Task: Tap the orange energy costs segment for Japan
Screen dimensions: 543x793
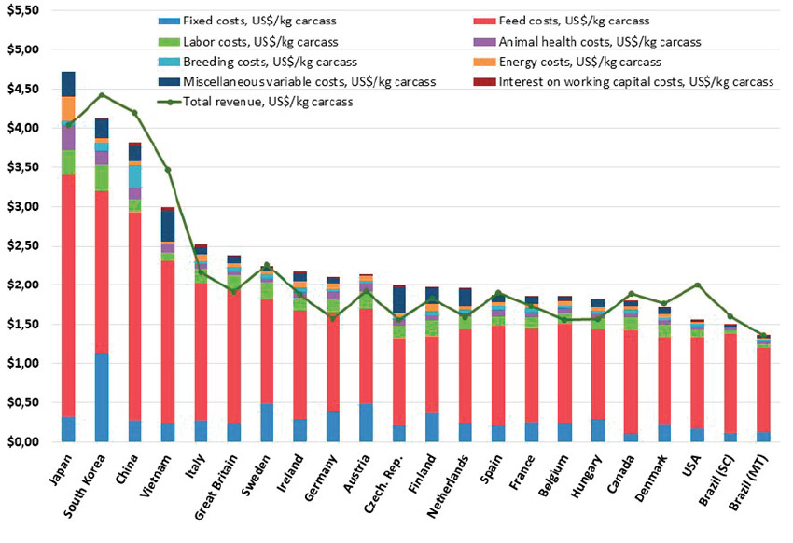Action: (68, 108)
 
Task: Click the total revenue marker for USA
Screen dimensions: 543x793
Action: (697, 285)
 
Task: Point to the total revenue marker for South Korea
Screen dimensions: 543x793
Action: (102, 95)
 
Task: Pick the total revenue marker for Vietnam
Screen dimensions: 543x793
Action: (168, 170)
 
